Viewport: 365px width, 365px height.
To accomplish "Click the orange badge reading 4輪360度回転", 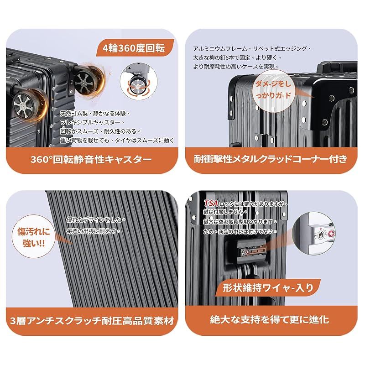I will coord(134,47).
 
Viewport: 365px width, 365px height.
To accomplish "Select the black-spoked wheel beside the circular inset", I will coord(85,79).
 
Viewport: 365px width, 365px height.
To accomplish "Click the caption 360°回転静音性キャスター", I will coord(91,160).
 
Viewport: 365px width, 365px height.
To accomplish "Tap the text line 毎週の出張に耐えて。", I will coord(93,231).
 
